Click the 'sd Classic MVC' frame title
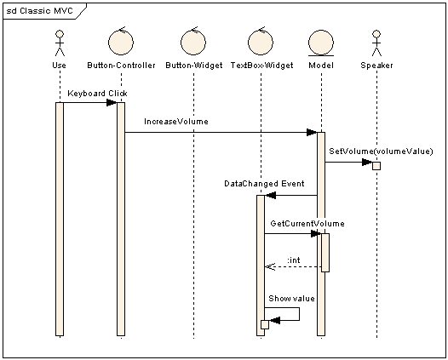(39, 11)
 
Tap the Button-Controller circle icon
(120, 42)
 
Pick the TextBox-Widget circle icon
(260, 42)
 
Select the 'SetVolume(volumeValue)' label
(375, 151)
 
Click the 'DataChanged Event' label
(264, 183)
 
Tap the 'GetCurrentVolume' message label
(307, 223)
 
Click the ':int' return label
(294, 259)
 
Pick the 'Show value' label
(291, 299)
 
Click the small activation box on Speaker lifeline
(376, 165)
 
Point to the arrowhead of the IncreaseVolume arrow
(312, 132)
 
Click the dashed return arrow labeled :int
(294, 266)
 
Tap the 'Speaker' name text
(376, 64)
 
